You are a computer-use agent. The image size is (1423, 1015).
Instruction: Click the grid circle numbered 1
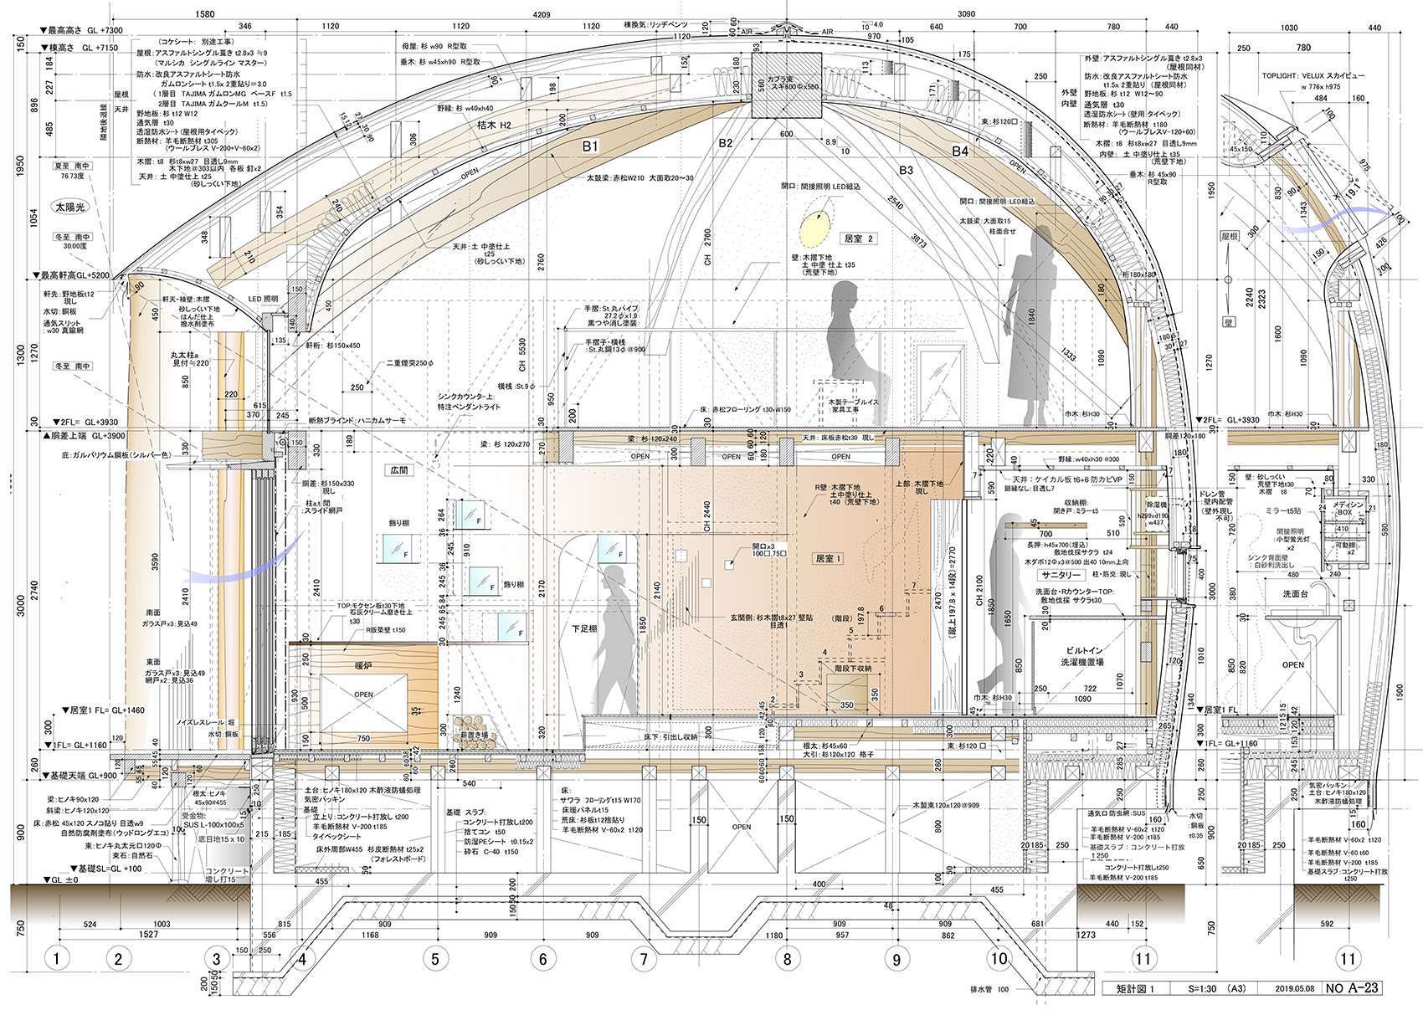[x=55, y=958]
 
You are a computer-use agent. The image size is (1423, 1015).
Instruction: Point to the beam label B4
[x=960, y=151]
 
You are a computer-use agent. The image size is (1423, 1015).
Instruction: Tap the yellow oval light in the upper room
[x=812, y=224]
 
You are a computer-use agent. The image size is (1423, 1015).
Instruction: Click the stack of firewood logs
[x=474, y=726]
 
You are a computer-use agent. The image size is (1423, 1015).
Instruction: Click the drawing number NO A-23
[x=1352, y=988]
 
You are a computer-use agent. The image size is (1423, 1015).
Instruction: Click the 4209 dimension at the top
[x=542, y=14]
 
